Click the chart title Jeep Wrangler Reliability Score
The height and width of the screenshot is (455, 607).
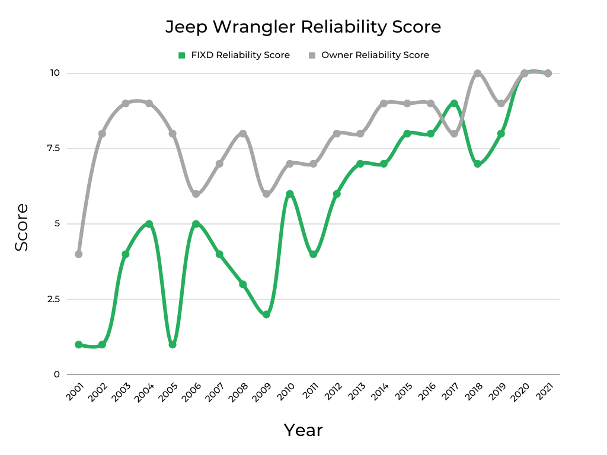click(303, 27)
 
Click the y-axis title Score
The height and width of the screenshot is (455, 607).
click(22, 227)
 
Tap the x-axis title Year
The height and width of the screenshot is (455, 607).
click(303, 430)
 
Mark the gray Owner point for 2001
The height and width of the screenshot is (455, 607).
click(78, 254)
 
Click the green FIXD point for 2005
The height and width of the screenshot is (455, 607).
click(172, 344)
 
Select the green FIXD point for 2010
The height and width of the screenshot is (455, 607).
click(290, 194)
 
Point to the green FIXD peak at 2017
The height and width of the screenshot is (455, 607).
click(454, 104)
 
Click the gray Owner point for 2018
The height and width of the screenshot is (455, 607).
click(478, 73)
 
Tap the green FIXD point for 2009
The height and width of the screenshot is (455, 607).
click(266, 315)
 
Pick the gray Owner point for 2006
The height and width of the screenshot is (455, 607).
click(196, 194)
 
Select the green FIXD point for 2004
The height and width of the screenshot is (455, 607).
click(149, 224)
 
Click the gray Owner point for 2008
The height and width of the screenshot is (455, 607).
click(243, 133)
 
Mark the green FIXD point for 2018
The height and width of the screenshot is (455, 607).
click(478, 164)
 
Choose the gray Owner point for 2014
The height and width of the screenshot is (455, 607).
click(384, 104)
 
